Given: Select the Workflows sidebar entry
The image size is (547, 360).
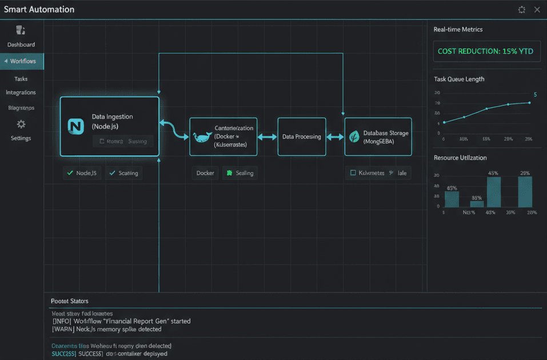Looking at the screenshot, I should (x=22, y=61).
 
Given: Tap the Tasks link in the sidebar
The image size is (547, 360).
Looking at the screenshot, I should (x=21, y=79).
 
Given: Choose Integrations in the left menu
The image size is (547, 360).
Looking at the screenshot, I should (x=21, y=93).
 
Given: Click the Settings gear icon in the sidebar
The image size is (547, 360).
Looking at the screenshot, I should (x=21, y=125).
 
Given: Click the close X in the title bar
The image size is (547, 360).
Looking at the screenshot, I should (x=537, y=10).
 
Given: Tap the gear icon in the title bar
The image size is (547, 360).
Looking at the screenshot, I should (x=521, y=10).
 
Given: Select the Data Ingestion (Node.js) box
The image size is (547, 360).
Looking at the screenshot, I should (x=109, y=126).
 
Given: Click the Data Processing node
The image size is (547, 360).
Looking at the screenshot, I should (x=301, y=137).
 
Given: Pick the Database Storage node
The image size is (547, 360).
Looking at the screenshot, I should (x=378, y=137).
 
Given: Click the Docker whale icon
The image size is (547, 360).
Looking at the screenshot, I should (x=202, y=138).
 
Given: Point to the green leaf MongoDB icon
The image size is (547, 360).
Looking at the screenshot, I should (x=354, y=137).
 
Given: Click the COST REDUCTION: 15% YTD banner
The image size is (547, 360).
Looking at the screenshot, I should (x=485, y=51).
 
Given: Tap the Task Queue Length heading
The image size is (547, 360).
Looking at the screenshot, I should (x=459, y=79).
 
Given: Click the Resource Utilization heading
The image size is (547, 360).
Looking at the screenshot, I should (x=460, y=158).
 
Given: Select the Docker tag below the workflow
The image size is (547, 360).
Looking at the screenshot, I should (x=205, y=173).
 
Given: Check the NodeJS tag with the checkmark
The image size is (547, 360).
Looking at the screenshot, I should (x=82, y=173).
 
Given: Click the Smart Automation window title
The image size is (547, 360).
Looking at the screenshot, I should (x=39, y=10).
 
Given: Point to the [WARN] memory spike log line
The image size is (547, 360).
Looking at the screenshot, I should (x=107, y=329).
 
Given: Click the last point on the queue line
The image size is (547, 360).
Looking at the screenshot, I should (x=529, y=103).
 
